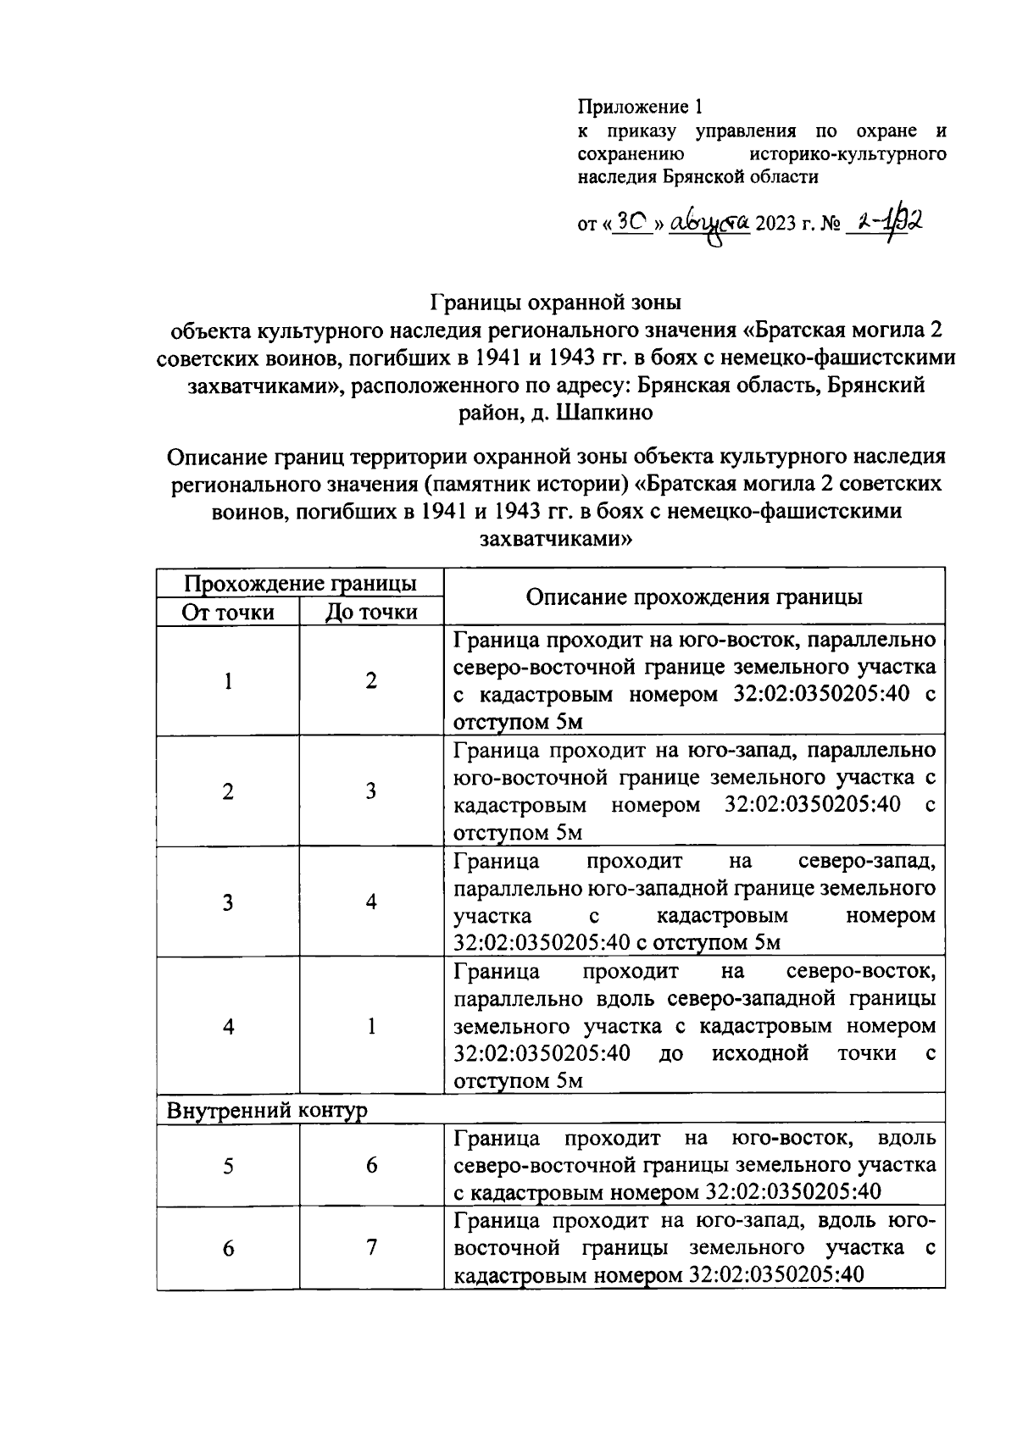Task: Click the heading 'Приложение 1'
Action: click(x=640, y=107)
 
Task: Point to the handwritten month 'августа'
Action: click(x=709, y=223)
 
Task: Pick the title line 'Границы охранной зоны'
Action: click(x=556, y=302)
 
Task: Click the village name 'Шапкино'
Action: click(x=604, y=413)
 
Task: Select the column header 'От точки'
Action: click(x=228, y=612)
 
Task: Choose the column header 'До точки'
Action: click(x=371, y=612)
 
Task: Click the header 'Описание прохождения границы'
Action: click(x=694, y=596)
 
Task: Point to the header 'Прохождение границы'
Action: click(x=300, y=583)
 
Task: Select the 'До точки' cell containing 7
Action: click(x=371, y=1248)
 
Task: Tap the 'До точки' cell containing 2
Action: click(x=371, y=681)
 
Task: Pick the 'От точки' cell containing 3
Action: click(x=228, y=902)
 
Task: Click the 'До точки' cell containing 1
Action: click(x=371, y=1027)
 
